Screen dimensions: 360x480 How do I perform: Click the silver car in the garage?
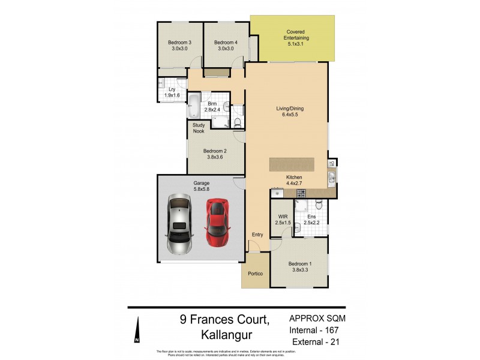(x=178, y=224)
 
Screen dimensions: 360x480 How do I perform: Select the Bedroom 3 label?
(x=179, y=46)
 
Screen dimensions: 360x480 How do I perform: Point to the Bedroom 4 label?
(x=226, y=46)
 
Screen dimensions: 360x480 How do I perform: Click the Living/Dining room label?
(x=290, y=112)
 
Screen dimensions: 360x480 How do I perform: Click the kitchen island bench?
(x=292, y=164)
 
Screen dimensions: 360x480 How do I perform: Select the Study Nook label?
(x=199, y=128)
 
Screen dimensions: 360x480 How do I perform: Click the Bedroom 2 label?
(x=214, y=155)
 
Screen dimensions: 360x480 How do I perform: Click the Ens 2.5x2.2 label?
(x=311, y=220)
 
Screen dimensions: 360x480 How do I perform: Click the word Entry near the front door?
(x=257, y=235)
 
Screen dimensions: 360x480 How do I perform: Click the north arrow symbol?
(x=137, y=332)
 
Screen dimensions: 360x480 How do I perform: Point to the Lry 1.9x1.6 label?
(x=172, y=92)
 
